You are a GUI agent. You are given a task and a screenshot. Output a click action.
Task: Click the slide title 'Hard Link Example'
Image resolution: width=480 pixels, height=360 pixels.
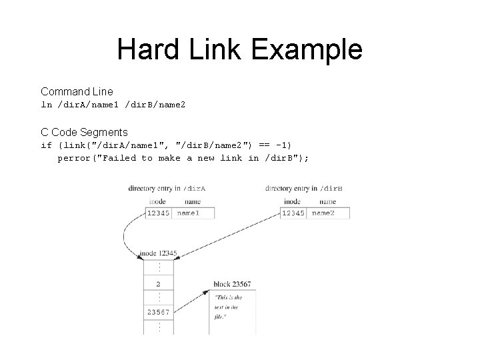coord(239,49)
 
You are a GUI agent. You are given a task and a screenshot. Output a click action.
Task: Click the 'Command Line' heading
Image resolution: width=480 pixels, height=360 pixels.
coord(77,91)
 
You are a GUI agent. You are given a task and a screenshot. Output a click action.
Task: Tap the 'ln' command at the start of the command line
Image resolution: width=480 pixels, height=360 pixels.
coord(46,105)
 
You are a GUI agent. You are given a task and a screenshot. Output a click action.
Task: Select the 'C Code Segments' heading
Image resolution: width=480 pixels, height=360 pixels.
coord(84,133)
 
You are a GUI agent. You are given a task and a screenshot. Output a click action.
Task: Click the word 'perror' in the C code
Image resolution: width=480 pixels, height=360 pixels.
coord(75,158)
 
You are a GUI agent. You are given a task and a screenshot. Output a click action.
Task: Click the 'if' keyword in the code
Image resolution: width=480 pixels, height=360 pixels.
coord(46,145)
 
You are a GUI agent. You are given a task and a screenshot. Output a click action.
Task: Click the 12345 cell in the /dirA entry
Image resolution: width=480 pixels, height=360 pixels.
coord(158,213)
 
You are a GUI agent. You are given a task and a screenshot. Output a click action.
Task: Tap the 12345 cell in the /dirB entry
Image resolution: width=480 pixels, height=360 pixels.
coord(294,213)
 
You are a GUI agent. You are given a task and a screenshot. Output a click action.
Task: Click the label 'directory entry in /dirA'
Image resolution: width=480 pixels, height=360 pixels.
coord(167,188)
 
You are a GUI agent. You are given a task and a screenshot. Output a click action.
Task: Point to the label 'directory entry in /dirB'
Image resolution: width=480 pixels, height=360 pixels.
coord(303,188)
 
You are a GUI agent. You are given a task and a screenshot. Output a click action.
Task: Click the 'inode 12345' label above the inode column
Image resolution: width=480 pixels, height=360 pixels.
coord(158,254)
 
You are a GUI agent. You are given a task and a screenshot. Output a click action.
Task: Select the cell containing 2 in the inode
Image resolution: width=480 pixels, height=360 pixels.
coord(159,283)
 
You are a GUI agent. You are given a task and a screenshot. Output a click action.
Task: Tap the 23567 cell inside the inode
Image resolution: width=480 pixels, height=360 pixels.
coord(159,311)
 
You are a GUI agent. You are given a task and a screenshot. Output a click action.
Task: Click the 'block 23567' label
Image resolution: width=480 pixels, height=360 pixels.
coord(232,285)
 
